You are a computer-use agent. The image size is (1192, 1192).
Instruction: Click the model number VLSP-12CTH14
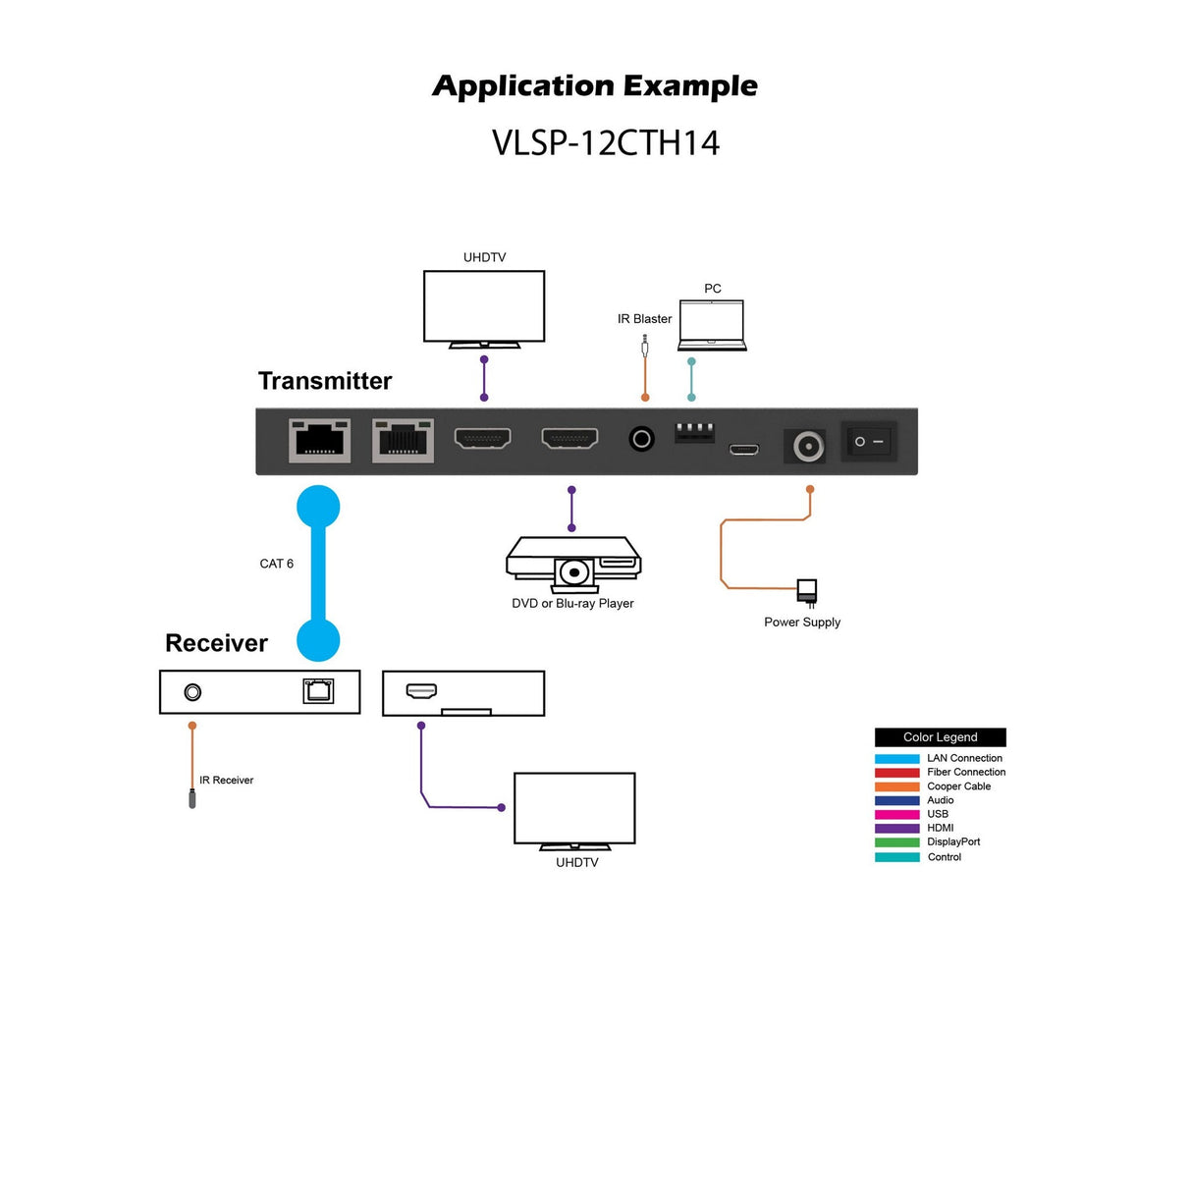tap(605, 143)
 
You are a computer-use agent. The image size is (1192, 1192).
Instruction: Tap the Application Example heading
tap(595, 86)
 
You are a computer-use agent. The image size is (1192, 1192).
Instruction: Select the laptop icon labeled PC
tap(712, 325)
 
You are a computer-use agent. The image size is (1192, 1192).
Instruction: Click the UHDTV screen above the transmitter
tap(484, 306)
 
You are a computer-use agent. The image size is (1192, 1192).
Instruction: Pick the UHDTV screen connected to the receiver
tap(574, 808)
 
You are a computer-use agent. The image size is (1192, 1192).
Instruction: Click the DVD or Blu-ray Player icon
tap(573, 564)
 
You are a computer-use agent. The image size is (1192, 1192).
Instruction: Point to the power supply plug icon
tap(806, 591)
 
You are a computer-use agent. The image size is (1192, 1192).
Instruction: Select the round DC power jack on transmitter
tap(808, 447)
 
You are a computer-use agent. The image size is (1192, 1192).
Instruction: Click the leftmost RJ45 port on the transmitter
tap(319, 440)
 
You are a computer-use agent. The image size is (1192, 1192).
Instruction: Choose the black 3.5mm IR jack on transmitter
tap(641, 439)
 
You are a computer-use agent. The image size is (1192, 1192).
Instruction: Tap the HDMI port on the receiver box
tap(422, 691)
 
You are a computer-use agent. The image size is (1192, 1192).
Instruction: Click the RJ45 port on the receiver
tap(318, 691)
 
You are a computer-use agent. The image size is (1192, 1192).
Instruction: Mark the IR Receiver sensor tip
tap(192, 799)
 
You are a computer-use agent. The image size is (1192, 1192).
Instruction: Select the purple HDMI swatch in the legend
tap(896, 829)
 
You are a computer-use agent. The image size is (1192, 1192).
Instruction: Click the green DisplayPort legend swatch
tap(896, 842)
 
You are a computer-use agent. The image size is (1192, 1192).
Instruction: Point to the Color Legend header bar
tap(940, 737)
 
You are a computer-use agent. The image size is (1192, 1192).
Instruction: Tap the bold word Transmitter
tap(325, 381)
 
